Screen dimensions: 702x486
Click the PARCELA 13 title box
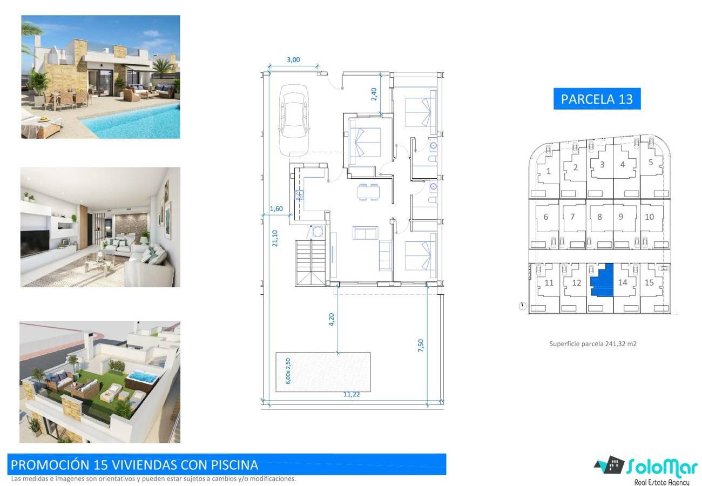597,99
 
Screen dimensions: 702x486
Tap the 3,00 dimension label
293,59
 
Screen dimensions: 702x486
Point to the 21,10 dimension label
275,238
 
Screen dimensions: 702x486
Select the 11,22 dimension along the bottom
352,394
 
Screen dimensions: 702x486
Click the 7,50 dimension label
421,346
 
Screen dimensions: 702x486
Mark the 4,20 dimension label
331,319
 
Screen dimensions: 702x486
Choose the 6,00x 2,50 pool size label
288,372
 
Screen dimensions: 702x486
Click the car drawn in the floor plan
294,120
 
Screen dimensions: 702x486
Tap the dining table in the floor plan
368,192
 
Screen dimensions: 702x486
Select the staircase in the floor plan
311,262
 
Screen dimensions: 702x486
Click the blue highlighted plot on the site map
602,280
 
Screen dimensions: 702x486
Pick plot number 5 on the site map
651,163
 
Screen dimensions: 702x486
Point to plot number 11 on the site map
549,282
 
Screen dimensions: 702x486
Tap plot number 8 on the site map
599,217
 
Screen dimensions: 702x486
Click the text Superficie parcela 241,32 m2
592,344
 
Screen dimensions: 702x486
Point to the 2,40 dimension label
374,94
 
